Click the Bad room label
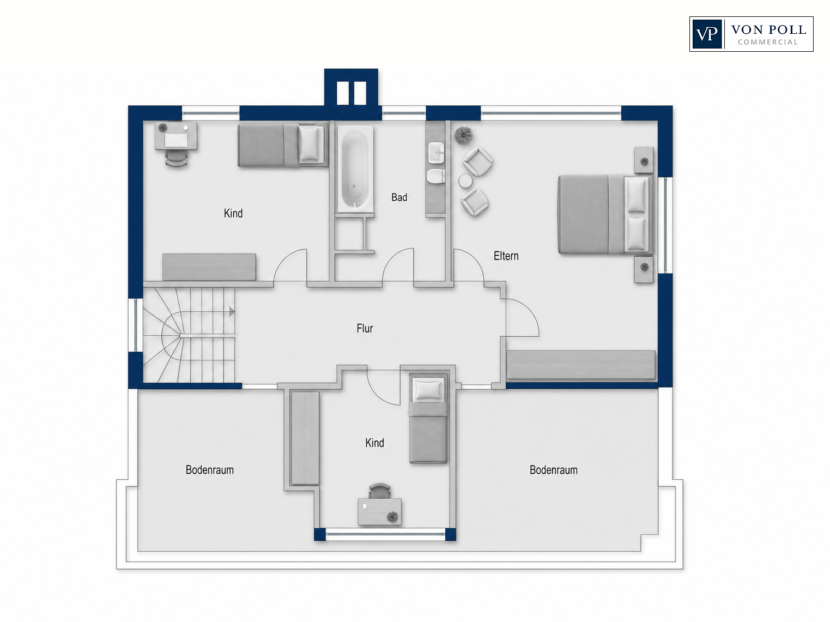coord(399,197)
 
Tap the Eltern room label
coord(506,256)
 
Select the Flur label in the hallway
coord(365,328)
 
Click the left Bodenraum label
coord(209,470)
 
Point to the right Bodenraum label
coord(553,470)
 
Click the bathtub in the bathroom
coord(355,168)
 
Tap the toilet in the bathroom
coord(435,177)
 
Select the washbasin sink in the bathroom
coord(437,153)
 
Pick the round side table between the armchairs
coord(467,181)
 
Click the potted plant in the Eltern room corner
coord(463,135)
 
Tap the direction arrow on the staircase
coord(231,312)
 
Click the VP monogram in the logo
coord(707,34)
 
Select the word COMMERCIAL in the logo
coord(768,43)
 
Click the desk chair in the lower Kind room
coord(379,491)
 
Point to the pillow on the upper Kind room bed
coord(309,143)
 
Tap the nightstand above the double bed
coord(644,160)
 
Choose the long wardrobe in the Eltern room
coord(581,365)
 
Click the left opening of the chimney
coord(343,93)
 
